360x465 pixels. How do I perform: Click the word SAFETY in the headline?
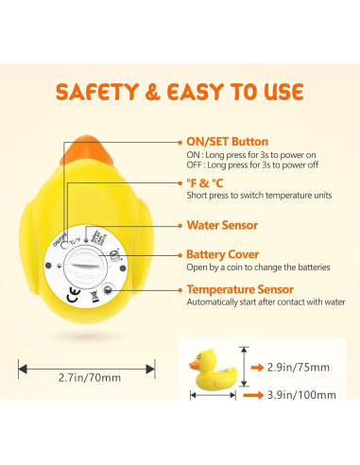[100, 92]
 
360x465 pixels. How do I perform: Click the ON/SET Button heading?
[227, 142]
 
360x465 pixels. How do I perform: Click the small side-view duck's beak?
[191, 364]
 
